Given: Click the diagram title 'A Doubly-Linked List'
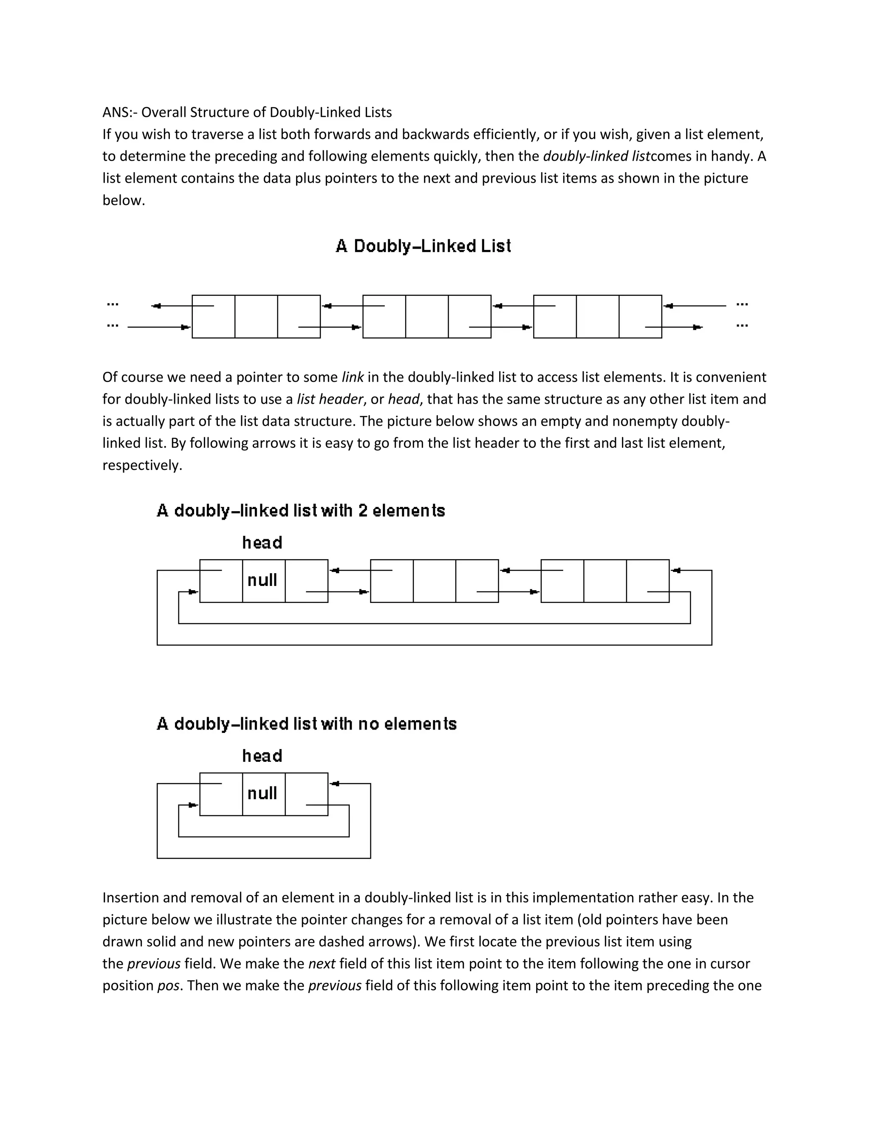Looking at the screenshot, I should (x=423, y=246).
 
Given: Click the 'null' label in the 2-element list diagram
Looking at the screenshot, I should (x=263, y=580).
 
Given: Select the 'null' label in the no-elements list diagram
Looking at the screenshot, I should (x=263, y=793).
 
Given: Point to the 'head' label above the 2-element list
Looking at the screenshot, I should (x=263, y=543).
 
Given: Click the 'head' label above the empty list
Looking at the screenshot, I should (x=263, y=756).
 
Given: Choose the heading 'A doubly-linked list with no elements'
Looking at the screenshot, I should (x=307, y=724).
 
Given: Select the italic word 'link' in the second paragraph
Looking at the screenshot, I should (x=353, y=377).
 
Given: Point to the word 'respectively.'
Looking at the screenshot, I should (x=142, y=466).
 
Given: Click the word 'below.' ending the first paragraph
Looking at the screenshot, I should (x=124, y=201).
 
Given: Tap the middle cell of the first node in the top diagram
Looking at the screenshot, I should (x=256, y=317).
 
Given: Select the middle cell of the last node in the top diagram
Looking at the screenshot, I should (x=597, y=317).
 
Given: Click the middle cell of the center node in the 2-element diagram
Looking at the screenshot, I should (x=435, y=581).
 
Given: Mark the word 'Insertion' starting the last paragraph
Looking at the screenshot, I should (x=130, y=897).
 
